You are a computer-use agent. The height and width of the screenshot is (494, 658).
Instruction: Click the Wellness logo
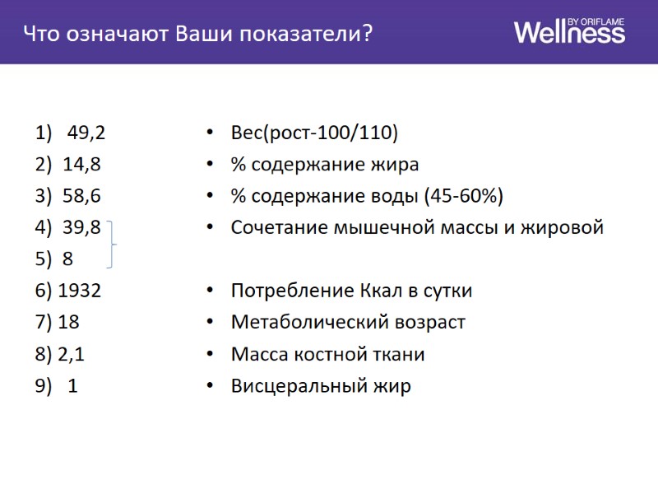pyautogui.click(x=569, y=32)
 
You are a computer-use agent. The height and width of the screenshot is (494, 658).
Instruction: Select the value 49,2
pyautogui.click(x=86, y=133)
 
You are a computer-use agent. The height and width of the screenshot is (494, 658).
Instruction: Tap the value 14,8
pyautogui.click(x=81, y=165)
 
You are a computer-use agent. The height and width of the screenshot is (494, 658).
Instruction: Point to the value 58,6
pyautogui.click(x=81, y=196)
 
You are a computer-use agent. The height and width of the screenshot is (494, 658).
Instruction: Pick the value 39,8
pyautogui.click(x=81, y=227)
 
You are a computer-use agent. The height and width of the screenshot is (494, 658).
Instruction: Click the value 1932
pyautogui.click(x=80, y=291)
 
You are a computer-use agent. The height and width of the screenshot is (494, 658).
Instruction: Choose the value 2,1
pyautogui.click(x=72, y=354)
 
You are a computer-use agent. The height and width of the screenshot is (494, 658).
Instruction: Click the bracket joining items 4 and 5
pyautogui.click(x=113, y=244)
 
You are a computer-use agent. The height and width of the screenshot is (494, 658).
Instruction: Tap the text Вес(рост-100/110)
pyautogui.click(x=314, y=133)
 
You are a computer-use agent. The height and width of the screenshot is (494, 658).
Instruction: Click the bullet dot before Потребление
pyautogui.click(x=211, y=291)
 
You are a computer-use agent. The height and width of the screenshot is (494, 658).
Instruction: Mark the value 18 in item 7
pyautogui.click(x=69, y=322)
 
